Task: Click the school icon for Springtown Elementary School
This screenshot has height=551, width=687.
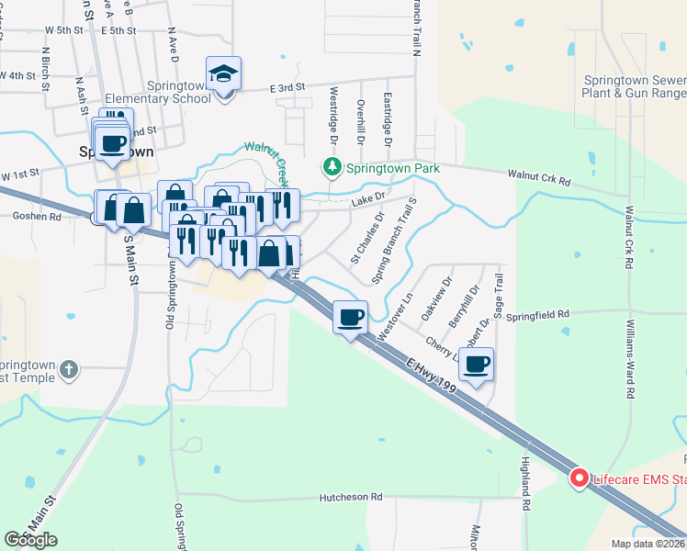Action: (222, 74)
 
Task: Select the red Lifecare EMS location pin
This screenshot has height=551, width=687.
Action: (580, 478)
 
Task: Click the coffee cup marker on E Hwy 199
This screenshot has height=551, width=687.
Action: (350, 318)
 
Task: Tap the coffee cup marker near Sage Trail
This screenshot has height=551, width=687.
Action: (476, 365)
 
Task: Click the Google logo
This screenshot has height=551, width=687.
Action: (30, 540)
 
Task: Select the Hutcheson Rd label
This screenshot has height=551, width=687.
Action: (350, 497)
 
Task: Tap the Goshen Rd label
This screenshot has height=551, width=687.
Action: (36, 218)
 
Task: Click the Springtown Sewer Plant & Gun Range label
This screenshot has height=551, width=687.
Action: (635, 86)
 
